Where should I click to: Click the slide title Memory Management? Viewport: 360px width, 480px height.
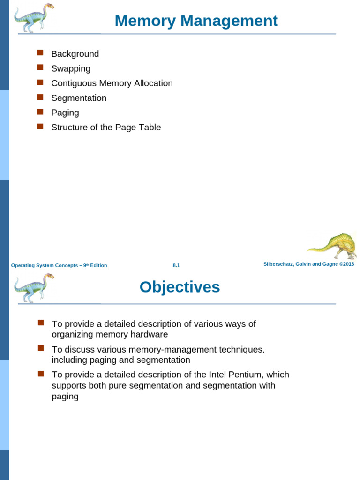(x=196, y=21)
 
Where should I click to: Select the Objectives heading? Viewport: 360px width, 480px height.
(x=180, y=287)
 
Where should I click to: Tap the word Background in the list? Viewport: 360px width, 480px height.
(x=75, y=54)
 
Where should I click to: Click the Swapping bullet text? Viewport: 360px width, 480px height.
(x=71, y=68)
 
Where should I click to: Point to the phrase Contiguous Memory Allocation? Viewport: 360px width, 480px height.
(x=112, y=83)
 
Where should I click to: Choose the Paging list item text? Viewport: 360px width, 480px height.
(x=65, y=112)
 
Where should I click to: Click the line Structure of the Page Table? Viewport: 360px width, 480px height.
(x=106, y=127)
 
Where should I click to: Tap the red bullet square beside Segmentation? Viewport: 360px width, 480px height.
(x=40, y=97)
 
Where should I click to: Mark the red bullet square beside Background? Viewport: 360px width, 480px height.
(x=40, y=53)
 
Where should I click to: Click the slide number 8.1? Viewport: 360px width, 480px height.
(x=176, y=265)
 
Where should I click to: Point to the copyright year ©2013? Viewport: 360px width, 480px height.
(x=347, y=264)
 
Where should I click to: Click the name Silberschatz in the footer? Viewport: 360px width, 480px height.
(x=279, y=264)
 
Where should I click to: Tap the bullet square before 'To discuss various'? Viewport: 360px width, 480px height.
(x=40, y=348)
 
